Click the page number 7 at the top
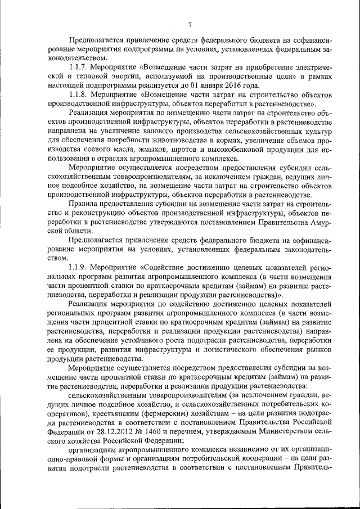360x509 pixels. click(190, 24)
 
